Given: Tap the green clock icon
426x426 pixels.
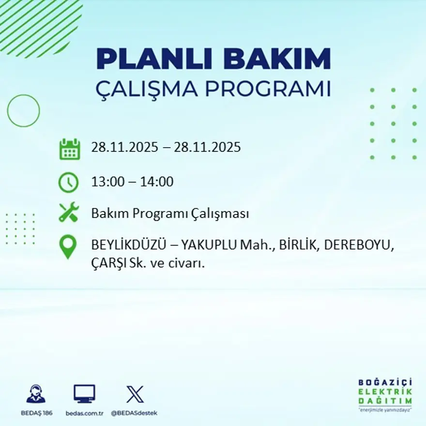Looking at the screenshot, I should click(x=68, y=183).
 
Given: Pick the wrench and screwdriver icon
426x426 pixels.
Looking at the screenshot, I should click(x=68, y=213).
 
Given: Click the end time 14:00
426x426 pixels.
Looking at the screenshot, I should click(x=156, y=182).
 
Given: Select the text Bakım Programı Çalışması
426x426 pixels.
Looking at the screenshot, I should click(x=170, y=213).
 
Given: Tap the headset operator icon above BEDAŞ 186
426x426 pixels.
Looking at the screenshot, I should click(x=36, y=394).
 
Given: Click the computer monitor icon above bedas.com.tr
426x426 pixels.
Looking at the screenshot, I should click(x=84, y=394).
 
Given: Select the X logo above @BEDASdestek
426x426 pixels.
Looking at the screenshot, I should click(x=135, y=394).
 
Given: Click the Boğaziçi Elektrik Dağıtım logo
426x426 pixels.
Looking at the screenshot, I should click(x=385, y=394).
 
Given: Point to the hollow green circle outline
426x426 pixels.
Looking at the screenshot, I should click(x=23, y=111).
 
